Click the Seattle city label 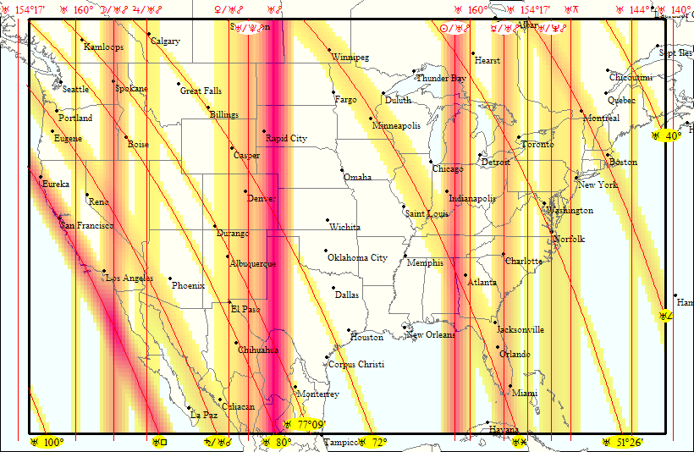coord(75,90)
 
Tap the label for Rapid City coord(286,138)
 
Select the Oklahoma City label coord(357,258)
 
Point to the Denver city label coord(262,198)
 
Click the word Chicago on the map coord(448,169)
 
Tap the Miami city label coord(525,394)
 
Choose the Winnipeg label coord(350,58)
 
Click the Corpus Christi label coord(355,365)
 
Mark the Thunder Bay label coord(441,78)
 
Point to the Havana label coord(504,430)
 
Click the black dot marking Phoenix coord(170,279)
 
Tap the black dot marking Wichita coord(328,221)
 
